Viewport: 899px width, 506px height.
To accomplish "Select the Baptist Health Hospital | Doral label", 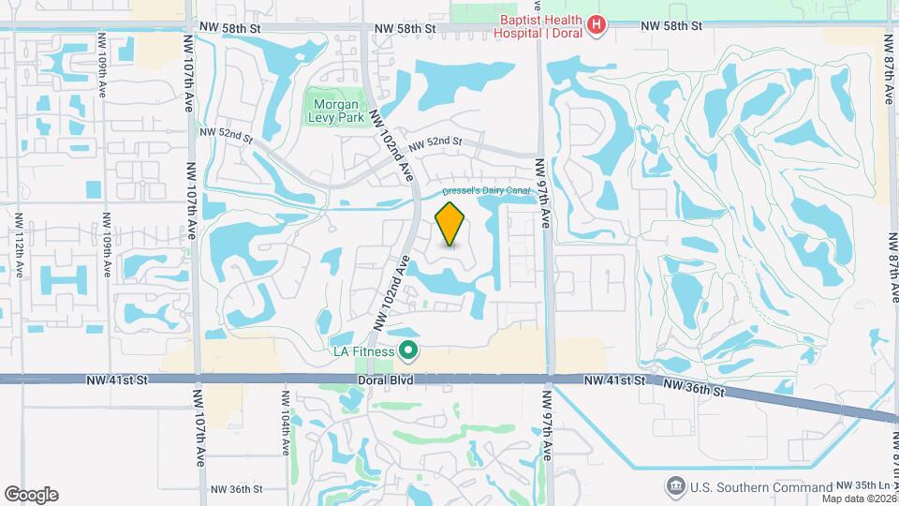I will [538, 25].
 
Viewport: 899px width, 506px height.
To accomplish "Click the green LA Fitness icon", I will [407, 352].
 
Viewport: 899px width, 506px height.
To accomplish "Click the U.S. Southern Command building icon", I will [674, 486].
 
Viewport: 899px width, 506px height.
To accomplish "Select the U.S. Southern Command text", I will [760, 487].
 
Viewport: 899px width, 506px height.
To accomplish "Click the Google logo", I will [31, 494].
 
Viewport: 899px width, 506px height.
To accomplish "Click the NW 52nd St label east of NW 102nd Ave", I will [436, 141].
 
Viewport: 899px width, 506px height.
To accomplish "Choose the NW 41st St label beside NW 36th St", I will [614, 380].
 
